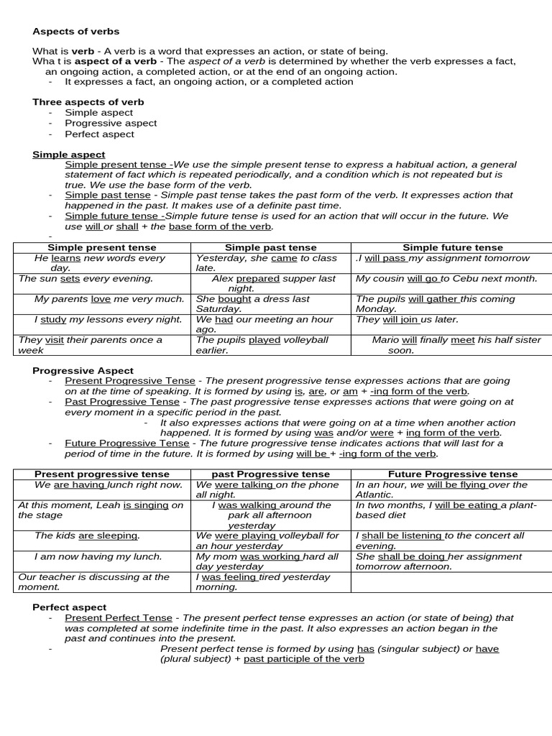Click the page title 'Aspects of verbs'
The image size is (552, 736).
75,32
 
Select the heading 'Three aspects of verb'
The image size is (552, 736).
88,102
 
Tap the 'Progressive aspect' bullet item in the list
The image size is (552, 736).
111,123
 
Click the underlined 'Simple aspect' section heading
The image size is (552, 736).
68,155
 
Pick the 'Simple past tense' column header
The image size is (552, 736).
270,248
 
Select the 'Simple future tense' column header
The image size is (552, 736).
452,248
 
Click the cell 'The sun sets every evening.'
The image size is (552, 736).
86,278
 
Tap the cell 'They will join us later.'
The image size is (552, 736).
407,319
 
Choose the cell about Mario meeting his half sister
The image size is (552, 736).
456,345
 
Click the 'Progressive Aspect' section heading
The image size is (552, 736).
83,370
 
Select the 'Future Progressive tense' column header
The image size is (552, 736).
452,474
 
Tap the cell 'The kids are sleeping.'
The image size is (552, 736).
87,535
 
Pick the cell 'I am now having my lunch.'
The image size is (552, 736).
98,556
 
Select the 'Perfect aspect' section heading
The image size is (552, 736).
69,607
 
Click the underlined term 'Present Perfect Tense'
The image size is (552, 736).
119,617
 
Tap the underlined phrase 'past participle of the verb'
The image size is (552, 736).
303,658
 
